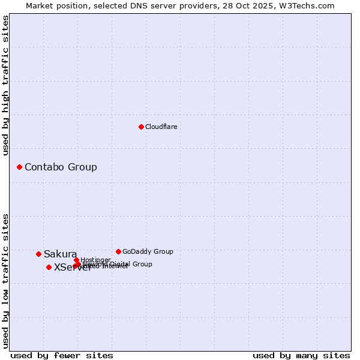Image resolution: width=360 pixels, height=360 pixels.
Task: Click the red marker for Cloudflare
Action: click(x=141, y=127)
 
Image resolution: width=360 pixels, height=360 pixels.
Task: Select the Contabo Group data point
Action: click(x=19, y=167)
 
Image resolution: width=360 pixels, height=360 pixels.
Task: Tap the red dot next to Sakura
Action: click(x=38, y=254)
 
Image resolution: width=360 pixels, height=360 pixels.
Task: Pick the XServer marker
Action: click(x=49, y=268)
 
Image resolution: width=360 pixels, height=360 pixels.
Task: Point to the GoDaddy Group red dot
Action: click(x=118, y=251)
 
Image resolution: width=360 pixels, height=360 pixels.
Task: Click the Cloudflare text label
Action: click(x=161, y=127)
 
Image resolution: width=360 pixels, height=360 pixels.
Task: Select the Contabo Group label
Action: click(x=61, y=167)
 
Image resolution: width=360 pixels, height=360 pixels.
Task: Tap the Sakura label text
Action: click(x=60, y=254)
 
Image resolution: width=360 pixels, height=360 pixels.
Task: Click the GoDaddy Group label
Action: click(x=148, y=251)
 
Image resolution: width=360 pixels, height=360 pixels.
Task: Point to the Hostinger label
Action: click(x=95, y=260)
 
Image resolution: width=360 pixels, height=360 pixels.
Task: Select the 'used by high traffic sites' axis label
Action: click(x=6, y=85)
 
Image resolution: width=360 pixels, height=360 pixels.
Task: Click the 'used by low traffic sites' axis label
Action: click(x=6, y=281)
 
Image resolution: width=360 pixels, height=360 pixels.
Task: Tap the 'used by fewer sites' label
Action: click(x=62, y=355)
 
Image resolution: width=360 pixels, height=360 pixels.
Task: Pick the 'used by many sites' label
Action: click(x=301, y=355)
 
